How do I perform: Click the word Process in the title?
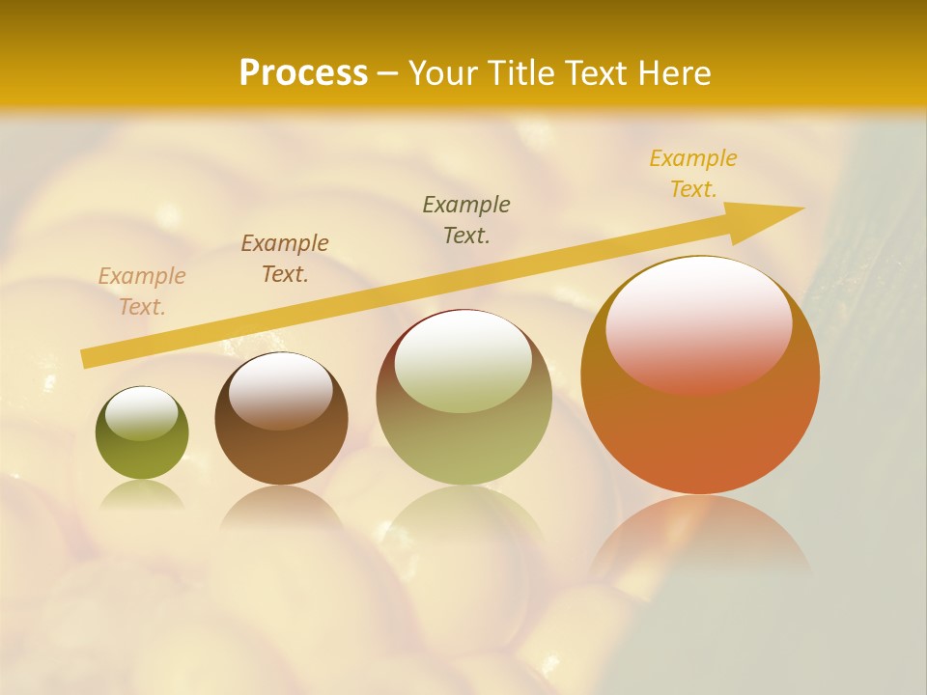point(303,73)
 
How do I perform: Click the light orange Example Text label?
point(142,292)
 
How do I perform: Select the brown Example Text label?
point(285,259)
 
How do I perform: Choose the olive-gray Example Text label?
point(466,220)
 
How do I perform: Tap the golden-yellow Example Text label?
point(693,174)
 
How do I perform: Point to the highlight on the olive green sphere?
point(141,414)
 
